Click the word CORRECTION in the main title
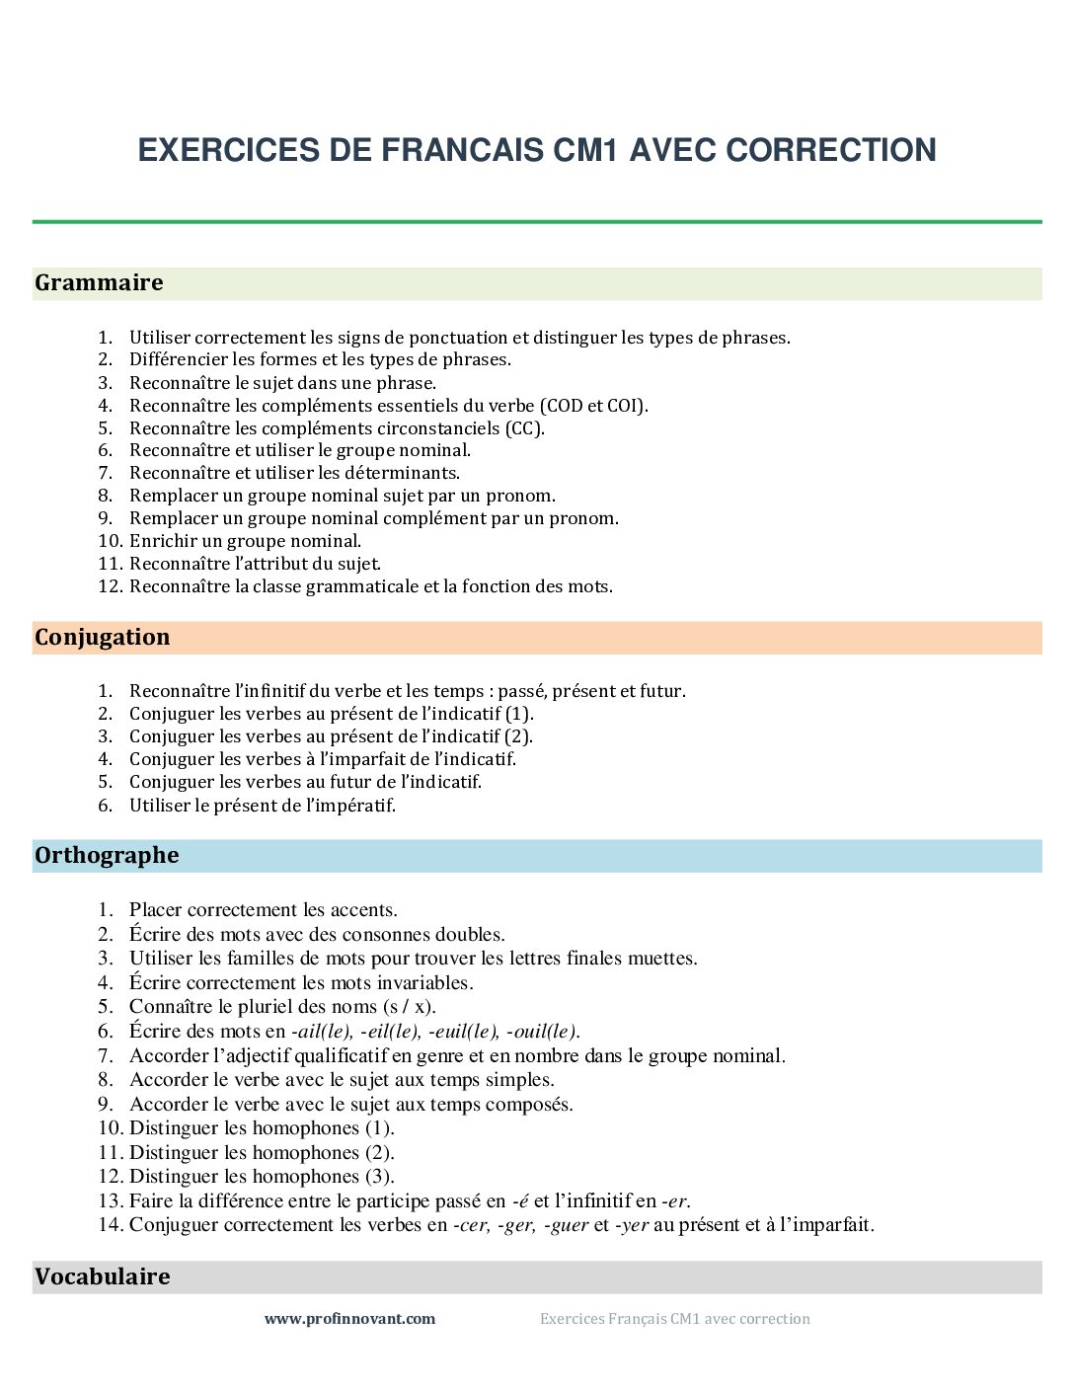[830, 150]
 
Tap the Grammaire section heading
[99, 283]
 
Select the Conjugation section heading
[102, 638]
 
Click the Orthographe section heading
[107, 856]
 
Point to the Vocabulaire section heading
[102, 1277]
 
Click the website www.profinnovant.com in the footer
[349, 1319]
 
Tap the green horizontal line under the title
[537, 222]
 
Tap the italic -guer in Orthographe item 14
[566, 1225]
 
